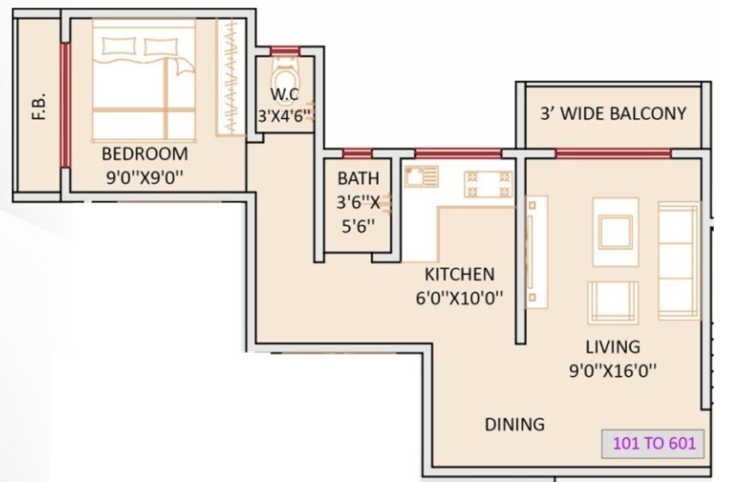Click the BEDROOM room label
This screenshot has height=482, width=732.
pos(145,154)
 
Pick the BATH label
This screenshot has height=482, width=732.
pos(358,179)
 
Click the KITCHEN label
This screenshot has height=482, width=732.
pos(460,274)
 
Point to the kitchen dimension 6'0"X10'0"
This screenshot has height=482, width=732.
pos(460,297)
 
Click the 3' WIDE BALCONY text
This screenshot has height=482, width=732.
pos(613,113)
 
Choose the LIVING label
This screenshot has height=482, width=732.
pos(612,347)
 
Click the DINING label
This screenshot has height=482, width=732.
pos(514,424)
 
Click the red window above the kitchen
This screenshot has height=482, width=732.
pos(457,153)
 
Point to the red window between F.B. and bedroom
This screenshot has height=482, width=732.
pos(64,105)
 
